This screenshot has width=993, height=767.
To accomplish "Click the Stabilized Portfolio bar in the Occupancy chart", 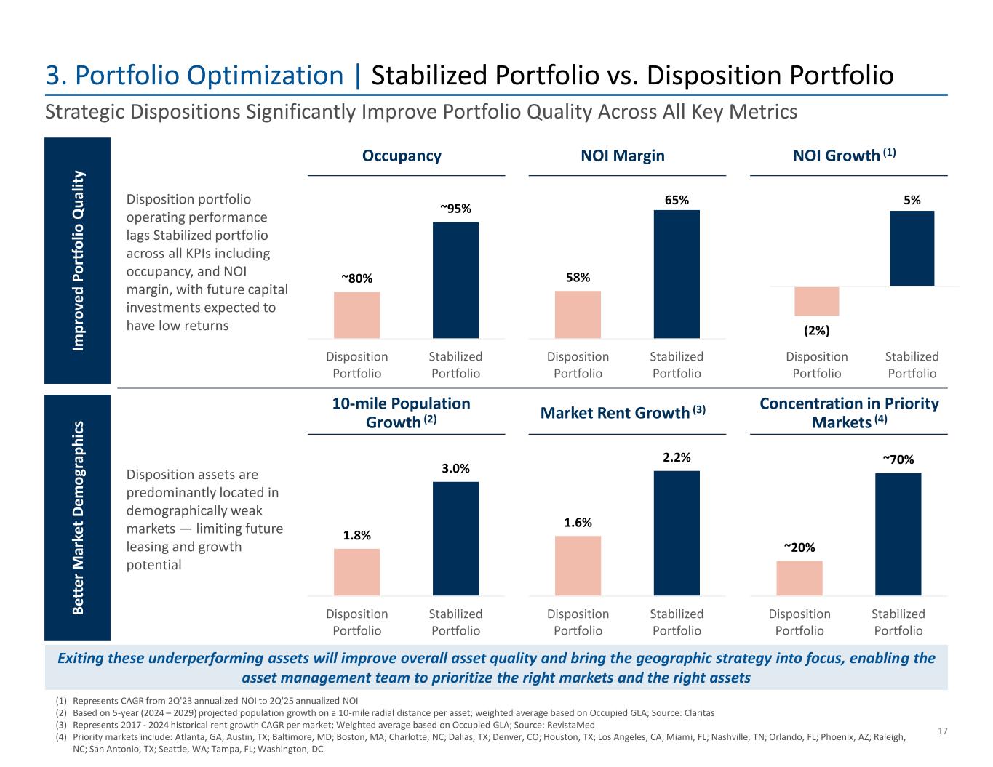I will [455, 280].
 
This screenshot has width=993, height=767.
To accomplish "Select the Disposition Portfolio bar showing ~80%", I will [356, 315].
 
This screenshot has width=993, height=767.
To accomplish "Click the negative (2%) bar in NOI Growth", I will [816, 301].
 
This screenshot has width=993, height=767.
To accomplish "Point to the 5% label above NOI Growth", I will [912, 199].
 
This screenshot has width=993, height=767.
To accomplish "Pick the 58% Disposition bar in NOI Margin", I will [578, 314].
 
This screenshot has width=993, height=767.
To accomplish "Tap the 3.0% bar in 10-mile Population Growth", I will [455, 538].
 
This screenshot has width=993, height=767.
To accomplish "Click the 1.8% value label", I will [356, 535].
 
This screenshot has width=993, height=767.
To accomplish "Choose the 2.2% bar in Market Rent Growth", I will [677, 533].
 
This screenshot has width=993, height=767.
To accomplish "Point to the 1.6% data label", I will [578, 522].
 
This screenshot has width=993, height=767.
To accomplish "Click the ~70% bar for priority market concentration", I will [898, 534].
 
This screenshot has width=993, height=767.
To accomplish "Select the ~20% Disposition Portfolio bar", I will [799, 578].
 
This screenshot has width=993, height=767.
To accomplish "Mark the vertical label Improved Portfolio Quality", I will [78, 260].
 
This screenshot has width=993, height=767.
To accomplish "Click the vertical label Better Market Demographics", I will [78, 518].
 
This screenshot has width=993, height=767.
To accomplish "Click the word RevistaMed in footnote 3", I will [571, 725].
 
